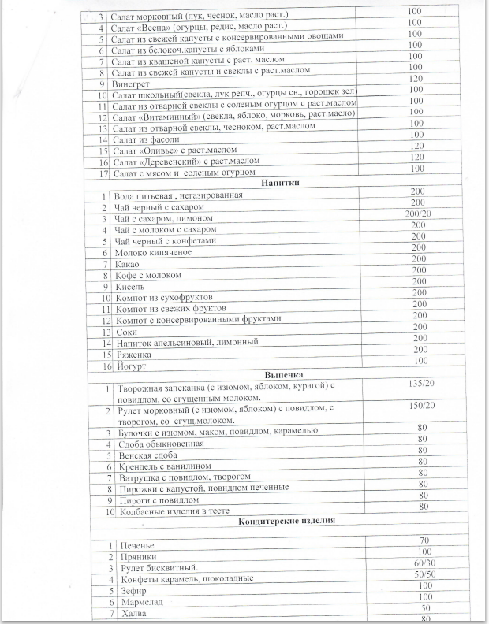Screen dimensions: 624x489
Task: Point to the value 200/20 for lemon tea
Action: click(x=419, y=214)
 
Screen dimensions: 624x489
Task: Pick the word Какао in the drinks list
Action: click(x=127, y=265)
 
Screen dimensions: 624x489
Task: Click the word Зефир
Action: click(x=132, y=589)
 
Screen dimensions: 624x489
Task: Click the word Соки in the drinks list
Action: click(x=125, y=332)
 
